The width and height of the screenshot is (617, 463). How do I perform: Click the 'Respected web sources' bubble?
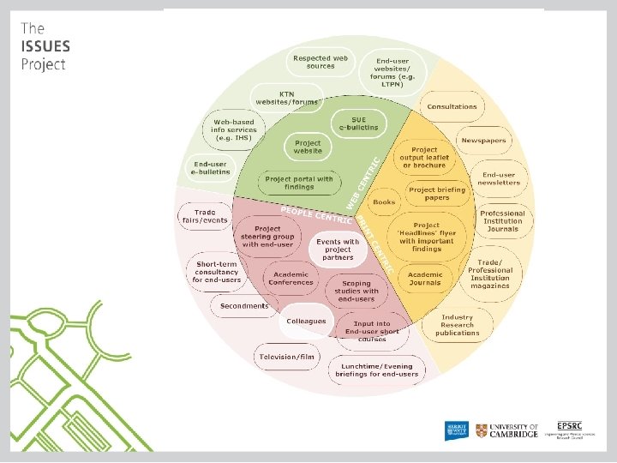click(x=320, y=62)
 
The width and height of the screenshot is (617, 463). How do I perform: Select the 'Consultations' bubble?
click(x=452, y=107)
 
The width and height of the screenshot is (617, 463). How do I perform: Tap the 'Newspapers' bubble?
click(x=483, y=140)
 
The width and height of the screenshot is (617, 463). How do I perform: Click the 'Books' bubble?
click(x=385, y=202)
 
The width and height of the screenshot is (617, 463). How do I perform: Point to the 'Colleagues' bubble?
click(x=306, y=321)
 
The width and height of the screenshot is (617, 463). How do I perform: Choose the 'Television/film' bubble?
click(x=286, y=356)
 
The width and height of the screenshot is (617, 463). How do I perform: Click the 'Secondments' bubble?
click(x=244, y=306)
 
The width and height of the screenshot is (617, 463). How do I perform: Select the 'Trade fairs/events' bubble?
click(x=211, y=215)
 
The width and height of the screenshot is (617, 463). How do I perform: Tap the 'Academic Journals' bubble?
click(x=425, y=278)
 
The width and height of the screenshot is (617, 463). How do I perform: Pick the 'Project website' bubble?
click(x=308, y=147)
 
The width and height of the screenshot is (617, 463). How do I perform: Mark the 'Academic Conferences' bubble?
click(x=291, y=278)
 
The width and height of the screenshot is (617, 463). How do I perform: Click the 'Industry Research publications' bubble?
click(x=458, y=325)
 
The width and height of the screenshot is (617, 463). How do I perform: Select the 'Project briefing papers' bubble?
click(x=436, y=194)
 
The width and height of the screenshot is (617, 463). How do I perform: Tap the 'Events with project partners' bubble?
click(x=338, y=250)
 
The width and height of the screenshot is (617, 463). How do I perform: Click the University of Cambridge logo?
click(x=507, y=430)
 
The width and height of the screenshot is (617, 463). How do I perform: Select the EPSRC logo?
click(x=572, y=429)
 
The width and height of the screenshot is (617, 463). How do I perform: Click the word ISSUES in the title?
click(x=45, y=46)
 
